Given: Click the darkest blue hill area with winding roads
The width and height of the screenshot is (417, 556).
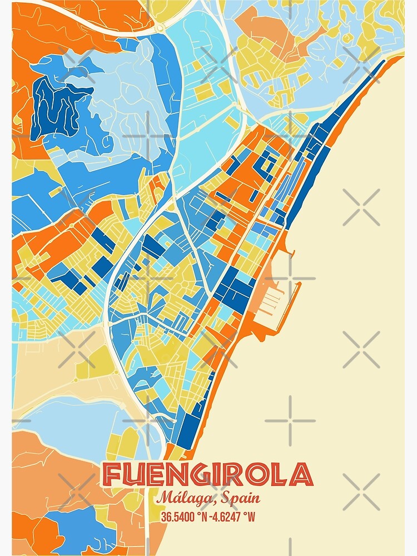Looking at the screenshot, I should click(56, 106).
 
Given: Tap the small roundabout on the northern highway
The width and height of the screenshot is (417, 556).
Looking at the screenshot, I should click(161, 27).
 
